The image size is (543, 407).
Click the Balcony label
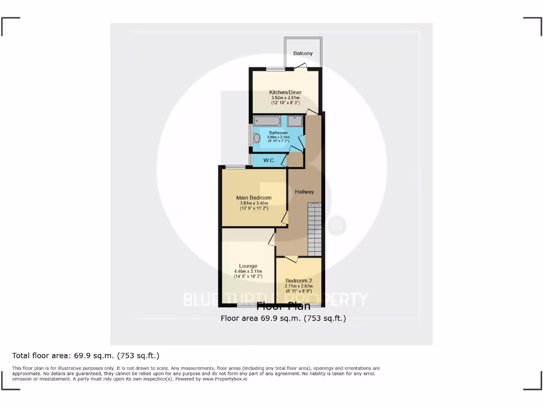pos(303,53)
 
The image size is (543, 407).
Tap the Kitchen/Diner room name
pos(285,92)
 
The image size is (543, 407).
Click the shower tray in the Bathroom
pos(295,120)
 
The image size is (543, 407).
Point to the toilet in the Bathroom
pos(257,138)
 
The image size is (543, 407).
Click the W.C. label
pos(268,160)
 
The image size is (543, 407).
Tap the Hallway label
pos(304,192)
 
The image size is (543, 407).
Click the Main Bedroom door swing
pos(285,217)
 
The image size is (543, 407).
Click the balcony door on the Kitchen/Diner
pos(301,66)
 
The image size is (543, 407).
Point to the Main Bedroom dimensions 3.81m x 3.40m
pos(253,203)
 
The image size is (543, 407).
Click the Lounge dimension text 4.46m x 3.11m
pos(248,271)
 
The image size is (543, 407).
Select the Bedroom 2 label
pos(299,280)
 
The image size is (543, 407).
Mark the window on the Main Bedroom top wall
pos(235,167)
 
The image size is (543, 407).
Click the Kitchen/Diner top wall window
pos(275,69)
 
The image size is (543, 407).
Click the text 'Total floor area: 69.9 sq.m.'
pos(58,356)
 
